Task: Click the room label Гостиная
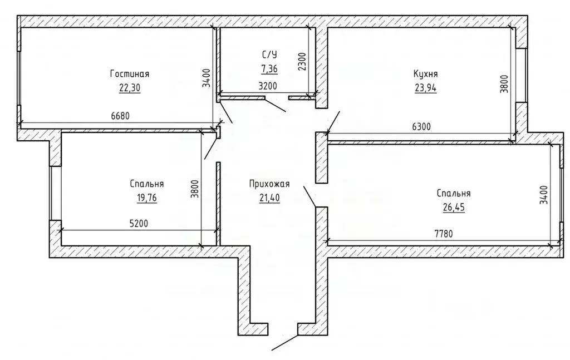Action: tap(130, 74)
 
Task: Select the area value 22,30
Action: tap(129, 88)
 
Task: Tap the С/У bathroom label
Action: tap(269, 55)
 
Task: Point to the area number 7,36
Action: tap(269, 68)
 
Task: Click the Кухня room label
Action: tap(426, 74)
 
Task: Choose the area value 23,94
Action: tap(426, 88)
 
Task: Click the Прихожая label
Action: tap(269, 184)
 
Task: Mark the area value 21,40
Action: tap(269, 198)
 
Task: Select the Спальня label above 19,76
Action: tap(147, 184)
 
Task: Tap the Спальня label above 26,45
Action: tap(454, 193)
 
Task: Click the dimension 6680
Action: tap(120, 116)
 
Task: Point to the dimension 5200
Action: tap(139, 224)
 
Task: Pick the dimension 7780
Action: tap(444, 234)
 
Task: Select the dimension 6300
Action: tap(421, 127)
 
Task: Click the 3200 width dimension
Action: tap(268, 86)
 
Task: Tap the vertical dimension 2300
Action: tap(302, 62)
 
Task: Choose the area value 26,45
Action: tap(454, 208)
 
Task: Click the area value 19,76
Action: tap(147, 198)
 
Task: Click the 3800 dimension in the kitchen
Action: tap(504, 84)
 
